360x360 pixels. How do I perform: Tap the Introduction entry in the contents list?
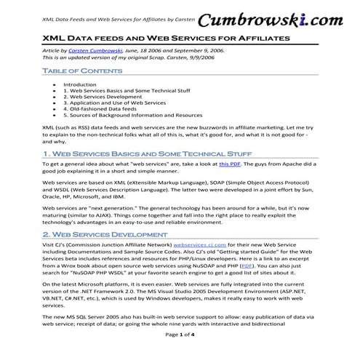(79, 84)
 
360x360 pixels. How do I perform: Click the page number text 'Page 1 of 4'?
(180, 353)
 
